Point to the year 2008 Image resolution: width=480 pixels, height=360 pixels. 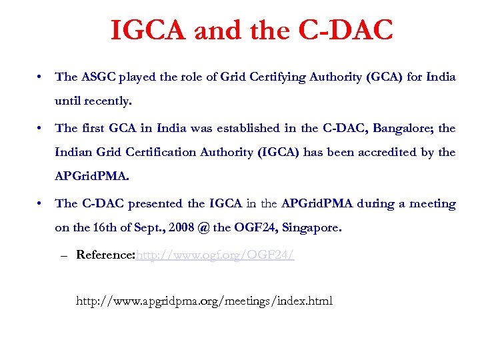[x=181, y=228]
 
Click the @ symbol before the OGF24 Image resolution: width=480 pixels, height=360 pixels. [x=203, y=228]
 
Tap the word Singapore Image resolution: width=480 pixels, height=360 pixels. [x=311, y=228]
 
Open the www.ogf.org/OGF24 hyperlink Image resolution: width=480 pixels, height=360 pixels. [x=215, y=255]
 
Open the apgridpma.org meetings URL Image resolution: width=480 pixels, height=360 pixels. [x=204, y=301]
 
